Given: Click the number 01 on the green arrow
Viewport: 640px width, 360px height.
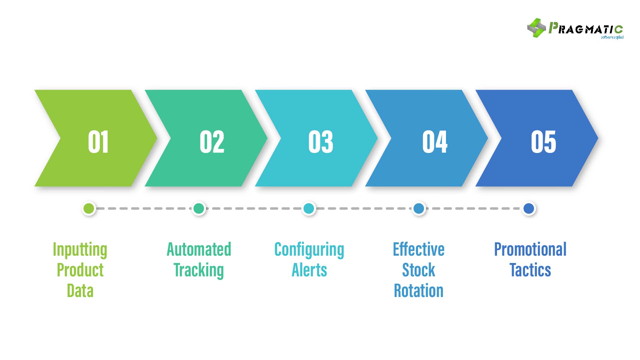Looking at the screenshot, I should click(x=98, y=142).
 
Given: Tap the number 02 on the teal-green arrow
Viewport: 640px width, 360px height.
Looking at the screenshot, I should click(x=212, y=142).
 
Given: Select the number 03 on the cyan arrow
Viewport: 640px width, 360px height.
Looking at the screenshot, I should click(x=321, y=142).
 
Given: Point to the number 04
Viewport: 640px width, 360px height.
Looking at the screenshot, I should click(x=435, y=142).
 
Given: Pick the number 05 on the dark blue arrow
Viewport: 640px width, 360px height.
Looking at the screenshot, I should click(x=543, y=142).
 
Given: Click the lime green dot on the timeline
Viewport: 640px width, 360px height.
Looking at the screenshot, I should click(x=89, y=208).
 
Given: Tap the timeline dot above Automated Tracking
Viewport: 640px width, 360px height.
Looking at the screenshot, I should click(x=199, y=208).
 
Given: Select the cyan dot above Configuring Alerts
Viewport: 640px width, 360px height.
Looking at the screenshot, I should click(x=309, y=208).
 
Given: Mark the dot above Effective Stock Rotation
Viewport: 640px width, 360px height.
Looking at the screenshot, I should click(x=419, y=208).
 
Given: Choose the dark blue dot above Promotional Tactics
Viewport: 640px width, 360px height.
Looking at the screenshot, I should click(x=529, y=208).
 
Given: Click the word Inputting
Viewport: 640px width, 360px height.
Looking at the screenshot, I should click(x=80, y=250).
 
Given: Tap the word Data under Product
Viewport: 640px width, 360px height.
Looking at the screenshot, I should click(x=80, y=291).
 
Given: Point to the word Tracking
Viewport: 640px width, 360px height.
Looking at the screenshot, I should click(x=199, y=270).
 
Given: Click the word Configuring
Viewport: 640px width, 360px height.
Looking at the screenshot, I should click(x=309, y=250).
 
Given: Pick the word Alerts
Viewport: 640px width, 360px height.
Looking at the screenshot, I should click(x=309, y=270).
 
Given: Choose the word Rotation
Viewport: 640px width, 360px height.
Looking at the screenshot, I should click(x=419, y=291).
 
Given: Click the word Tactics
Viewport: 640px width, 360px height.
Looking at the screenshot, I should click(x=530, y=270).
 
